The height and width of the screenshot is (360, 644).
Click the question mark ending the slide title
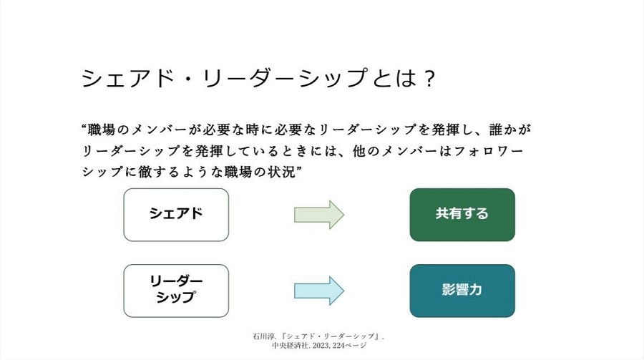429,78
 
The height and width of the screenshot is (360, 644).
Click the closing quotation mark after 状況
299,168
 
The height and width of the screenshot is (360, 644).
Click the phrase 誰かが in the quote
509,130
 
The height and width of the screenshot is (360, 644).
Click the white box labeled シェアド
176,215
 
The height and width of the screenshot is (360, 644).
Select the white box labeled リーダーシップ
176,291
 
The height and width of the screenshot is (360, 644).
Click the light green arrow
319,215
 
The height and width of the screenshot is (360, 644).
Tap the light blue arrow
319,291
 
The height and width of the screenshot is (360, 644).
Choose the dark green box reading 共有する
462,215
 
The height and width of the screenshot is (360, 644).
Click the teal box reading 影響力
462,291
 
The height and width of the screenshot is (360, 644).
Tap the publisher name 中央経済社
290,346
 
